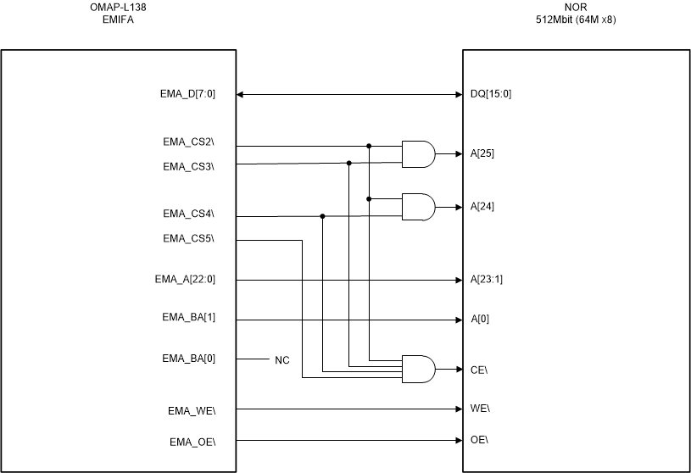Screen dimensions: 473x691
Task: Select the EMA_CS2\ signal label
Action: pos(188,142)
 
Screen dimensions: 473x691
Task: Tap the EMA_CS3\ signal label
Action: pos(188,167)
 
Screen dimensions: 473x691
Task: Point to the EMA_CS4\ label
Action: pos(188,213)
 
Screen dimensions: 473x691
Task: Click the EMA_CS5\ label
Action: pos(188,238)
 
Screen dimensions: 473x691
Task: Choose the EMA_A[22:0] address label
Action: pos(184,279)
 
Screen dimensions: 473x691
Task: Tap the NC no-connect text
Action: pos(282,360)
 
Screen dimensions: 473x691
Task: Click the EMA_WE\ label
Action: pos(191,411)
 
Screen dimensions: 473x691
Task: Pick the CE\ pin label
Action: pos(481,369)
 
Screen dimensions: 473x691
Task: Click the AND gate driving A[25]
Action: pos(417,154)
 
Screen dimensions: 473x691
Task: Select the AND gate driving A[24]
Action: pos(417,207)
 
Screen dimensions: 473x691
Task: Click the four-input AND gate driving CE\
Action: pos(417,368)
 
